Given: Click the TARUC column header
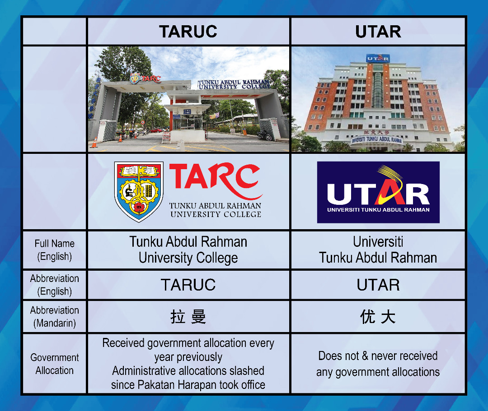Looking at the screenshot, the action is (188, 32).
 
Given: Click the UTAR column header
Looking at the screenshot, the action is (378, 32).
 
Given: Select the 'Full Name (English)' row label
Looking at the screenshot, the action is (55, 250).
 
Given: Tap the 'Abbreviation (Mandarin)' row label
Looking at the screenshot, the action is (55, 317).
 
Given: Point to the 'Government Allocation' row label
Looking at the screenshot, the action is (55, 364).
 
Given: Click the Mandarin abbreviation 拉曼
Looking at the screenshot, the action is (188, 317).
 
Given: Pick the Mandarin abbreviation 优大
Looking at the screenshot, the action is (378, 317).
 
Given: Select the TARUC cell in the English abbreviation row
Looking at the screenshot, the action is (188, 285).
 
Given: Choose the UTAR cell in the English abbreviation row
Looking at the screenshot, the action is (378, 285).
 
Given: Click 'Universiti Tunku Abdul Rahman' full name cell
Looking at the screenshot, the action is (378, 250).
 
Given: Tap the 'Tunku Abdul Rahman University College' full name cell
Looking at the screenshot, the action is (188, 250).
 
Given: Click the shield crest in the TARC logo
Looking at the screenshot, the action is (139, 192).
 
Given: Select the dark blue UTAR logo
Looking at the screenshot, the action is (378, 192).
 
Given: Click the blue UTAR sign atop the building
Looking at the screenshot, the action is (378, 58).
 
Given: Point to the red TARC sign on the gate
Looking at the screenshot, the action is (151, 79).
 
